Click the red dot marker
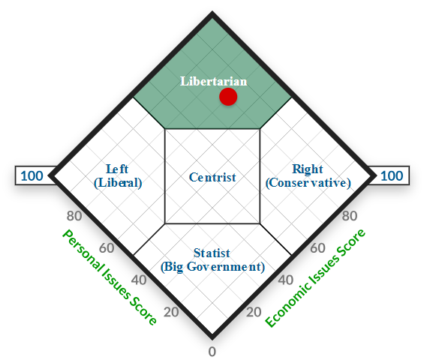(228, 97)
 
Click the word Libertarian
(214, 81)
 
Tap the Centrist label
(212, 177)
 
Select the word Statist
(212, 253)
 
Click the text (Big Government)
(212, 267)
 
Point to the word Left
(117, 169)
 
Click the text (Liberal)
(118, 183)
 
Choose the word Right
(308, 169)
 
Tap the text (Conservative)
(308, 183)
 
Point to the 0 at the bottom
(212, 352)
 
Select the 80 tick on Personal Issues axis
(74, 216)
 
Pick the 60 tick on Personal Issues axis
(107, 248)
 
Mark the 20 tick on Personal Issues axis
(171, 312)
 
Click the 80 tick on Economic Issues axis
(350, 216)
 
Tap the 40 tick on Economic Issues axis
(286, 280)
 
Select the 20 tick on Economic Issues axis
(254, 312)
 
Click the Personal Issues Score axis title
(110, 277)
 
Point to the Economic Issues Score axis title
(315, 277)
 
